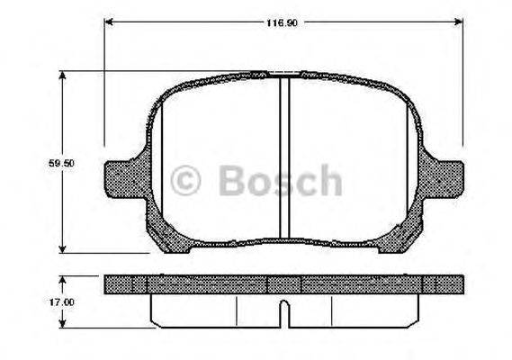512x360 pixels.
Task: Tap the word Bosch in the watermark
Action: coord(280,182)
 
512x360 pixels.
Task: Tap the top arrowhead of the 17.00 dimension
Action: coord(62,279)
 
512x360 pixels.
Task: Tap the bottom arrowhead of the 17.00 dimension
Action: coord(62,323)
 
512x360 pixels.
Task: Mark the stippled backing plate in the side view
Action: coord(216,284)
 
